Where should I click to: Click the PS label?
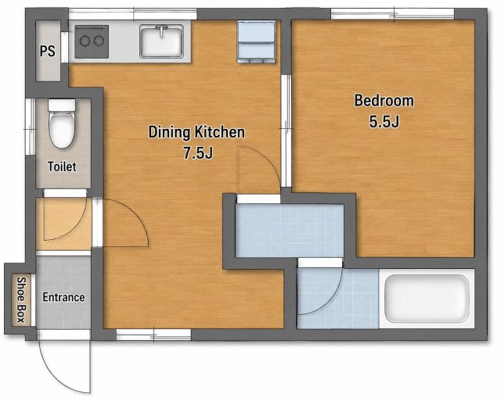[x=47, y=51]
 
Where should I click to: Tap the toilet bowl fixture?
[x=62, y=124]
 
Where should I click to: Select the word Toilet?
[x=62, y=166]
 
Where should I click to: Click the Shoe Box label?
[x=21, y=300]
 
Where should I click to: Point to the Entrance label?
[x=63, y=297]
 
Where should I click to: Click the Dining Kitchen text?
[x=196, y=132]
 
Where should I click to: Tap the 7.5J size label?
[x=198, y=153]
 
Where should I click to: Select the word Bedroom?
[x=384, y=101]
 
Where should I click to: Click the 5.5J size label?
[x=384, y=121]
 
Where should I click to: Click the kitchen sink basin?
[x=162, y=41]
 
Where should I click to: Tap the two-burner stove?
[x=92, y=41]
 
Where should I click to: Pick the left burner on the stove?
[x=85, y=41]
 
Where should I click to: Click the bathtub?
[x=427, y=299]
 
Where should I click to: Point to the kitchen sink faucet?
[x=163, y=31]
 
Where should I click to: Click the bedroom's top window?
[x=392, y=14]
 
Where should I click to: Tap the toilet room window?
[x=31, y=127]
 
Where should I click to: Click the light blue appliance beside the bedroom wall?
[x=257, y=41]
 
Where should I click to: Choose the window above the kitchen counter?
[x=133, y=14]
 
